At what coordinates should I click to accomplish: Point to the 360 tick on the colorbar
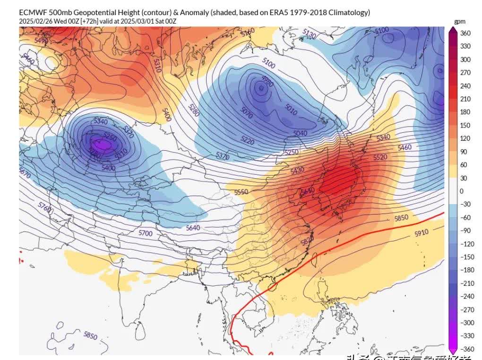pyautogui.click(x=465, y=33)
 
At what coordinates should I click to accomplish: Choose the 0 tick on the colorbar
pyautogui.click(x=462, y=191)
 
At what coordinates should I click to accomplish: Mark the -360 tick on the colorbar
pyautogui.click(x=465, y=349)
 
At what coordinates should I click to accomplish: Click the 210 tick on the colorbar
pyautogui.click(x=465, y=99)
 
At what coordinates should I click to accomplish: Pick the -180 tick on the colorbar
pyautogui.click(x=465, y=270)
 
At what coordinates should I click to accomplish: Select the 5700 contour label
pyautogui.click(x=146, y=233)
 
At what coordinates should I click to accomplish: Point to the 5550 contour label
pyautogui.click(x=241, y=192)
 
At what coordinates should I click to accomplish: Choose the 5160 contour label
pyautogui.click(x=248, y=33)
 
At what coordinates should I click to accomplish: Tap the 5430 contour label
pyautogui.click(x=298, y=170)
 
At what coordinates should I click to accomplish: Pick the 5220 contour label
pyautogui.click(x=247, y=141)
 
